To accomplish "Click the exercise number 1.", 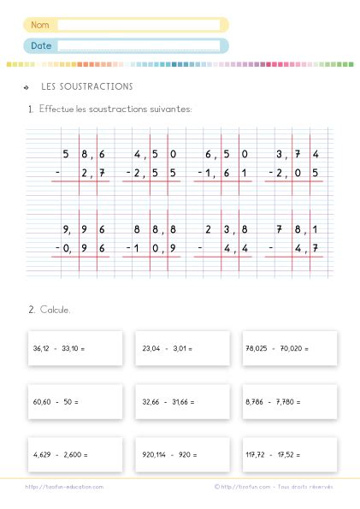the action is click(30, 109).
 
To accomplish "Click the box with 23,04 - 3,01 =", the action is click(182, 348).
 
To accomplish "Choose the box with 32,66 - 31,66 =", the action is click(182, 400).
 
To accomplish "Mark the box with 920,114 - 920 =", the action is click(182, 454).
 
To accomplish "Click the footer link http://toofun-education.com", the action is click(64, 487).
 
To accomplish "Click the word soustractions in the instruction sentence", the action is click(124, 109).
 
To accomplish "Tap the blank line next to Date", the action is click(141, 45).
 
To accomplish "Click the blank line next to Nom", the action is click(141, 25).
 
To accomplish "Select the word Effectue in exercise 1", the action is click(56, 109).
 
